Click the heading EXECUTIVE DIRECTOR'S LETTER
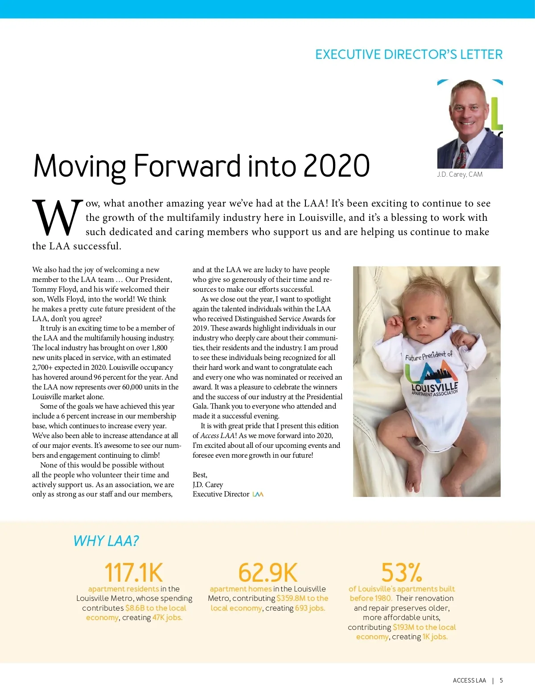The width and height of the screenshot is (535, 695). click(408, 54)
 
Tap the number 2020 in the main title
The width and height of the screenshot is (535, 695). click(337, 166)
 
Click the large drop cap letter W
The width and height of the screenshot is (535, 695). click(58, 218)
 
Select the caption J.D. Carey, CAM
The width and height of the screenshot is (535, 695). click(460, 174)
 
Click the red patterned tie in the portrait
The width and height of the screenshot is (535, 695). click(462, 156)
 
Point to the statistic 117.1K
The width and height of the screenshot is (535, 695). click(133, 572)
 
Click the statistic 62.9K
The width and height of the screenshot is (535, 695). click(267, 572)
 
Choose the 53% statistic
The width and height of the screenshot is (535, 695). click(401, 572)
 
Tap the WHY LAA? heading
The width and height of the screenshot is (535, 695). click(106, 541)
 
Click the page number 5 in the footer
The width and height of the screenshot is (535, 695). click(501, 680)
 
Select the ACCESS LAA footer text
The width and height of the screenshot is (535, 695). click(469, 680)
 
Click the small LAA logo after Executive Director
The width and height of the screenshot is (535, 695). click(258, 494)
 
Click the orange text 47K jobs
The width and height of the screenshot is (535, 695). click(167, 618)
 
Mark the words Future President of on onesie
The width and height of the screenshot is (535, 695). click(428, 356)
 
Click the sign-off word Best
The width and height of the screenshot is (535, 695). click(199, 475)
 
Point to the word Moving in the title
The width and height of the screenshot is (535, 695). click(80, 166)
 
